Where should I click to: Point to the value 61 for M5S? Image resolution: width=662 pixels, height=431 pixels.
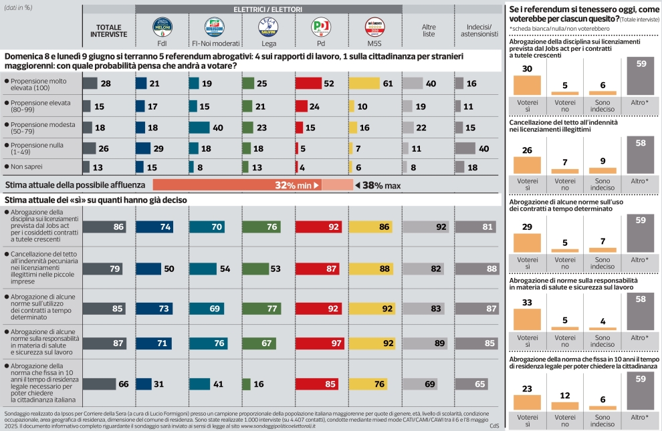click(388, 84)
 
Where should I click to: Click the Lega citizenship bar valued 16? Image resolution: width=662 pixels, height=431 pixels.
click(246, 384)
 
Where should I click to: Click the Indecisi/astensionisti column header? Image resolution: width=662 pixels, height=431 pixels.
click(477, 31)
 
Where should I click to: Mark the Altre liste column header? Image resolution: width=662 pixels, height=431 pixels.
click(429, 31)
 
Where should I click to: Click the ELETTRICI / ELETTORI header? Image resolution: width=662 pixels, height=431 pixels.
click(267, 9)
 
